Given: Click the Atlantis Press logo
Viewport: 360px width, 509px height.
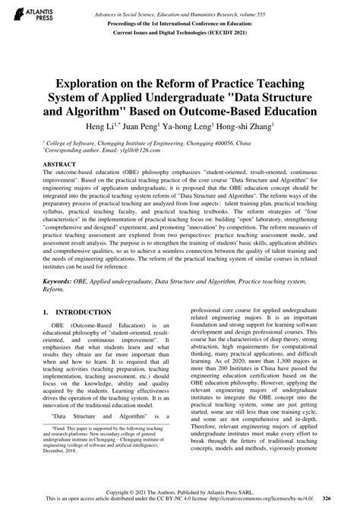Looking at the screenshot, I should [x=29, y=16].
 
